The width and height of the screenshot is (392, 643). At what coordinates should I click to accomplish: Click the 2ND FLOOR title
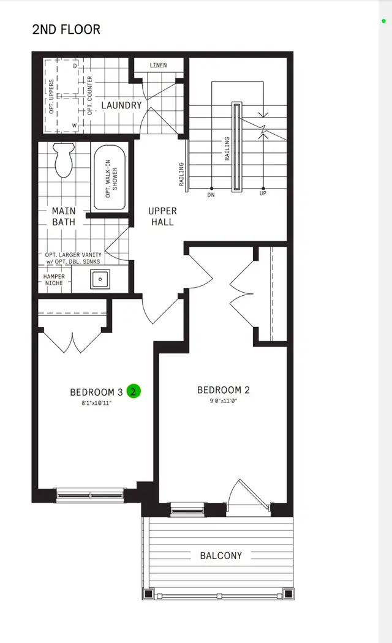coord(66,29)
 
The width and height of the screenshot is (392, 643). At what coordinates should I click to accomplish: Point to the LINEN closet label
coord(158,66)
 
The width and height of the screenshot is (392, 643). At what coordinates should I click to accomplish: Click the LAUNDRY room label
coord(121,105)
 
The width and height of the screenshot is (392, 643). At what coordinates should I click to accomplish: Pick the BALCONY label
coord(221,556)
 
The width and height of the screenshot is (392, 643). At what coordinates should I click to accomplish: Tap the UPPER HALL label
coord(162,216)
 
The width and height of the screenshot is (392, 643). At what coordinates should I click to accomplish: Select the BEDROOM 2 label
coord(223,390)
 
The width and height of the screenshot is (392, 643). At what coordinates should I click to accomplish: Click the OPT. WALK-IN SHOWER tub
coord(110,178)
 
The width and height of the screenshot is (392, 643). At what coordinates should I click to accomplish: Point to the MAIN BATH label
coord(64,216)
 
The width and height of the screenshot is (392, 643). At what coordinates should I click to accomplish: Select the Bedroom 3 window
coord(91,494)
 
